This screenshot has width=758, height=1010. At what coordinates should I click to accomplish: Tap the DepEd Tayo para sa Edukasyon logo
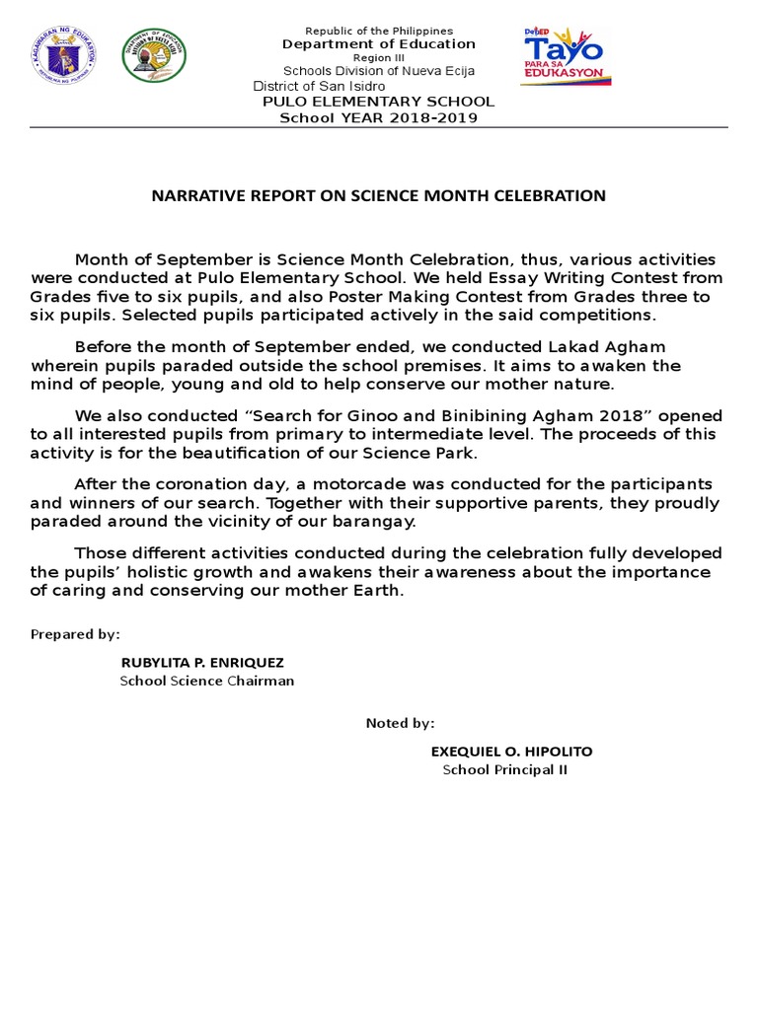(x=566, y=57)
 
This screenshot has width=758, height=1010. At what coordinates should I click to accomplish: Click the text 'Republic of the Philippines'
(x=379, y=32)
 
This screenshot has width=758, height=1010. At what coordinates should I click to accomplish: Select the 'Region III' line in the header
(x=379, y=58)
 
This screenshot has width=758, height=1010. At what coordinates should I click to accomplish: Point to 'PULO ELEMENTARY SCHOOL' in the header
(x=378, y=102)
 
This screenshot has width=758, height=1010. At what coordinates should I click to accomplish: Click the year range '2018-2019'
(x=430, y=118)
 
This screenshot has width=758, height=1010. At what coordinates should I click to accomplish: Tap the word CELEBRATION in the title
(x=553, y=195)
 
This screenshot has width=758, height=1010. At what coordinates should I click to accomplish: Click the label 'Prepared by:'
(x=75, y=633)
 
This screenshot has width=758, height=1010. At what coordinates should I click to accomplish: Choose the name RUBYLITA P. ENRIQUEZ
(x=201, y=662)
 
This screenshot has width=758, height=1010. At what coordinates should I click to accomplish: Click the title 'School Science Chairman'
(x=207, y=681)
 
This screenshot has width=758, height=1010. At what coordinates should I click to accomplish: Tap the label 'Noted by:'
(x=400, y=723)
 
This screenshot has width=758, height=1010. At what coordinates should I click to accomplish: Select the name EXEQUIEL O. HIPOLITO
(x=511, y=752)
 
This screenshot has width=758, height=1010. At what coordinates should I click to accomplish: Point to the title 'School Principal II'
(x=504, y=770)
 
